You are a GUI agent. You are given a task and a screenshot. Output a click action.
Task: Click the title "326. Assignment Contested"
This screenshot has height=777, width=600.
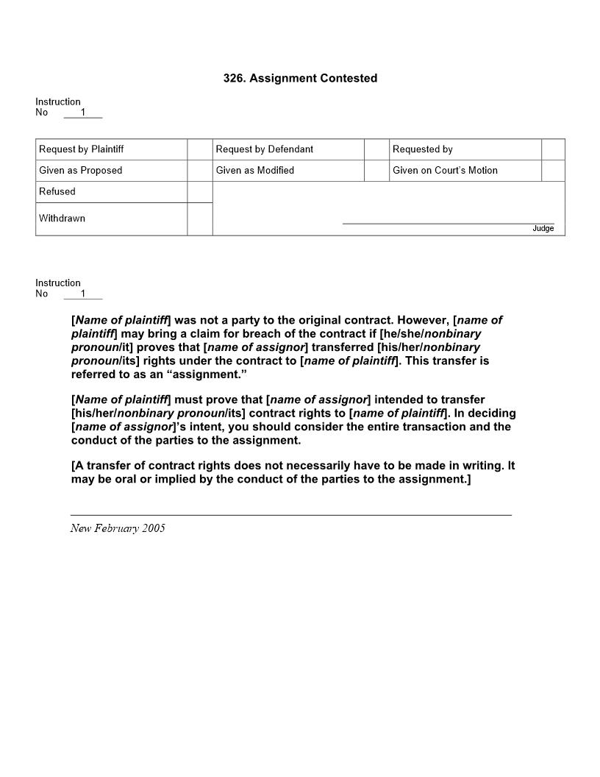click(300, 78)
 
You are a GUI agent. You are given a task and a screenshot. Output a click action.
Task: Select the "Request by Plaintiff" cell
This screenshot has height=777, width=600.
click(82, 149)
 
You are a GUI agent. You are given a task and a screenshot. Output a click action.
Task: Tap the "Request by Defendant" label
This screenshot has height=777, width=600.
click(265, 149)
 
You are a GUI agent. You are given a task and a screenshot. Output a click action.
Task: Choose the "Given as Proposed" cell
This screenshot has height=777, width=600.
click(81, 171)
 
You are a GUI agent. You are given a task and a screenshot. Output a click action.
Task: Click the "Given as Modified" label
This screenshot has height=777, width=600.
click(255, 171)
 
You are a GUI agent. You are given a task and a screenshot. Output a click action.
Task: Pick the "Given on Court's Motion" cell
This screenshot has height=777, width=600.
click(445, 171)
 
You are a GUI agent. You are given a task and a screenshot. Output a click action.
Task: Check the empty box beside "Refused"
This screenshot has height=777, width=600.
click(200, 192)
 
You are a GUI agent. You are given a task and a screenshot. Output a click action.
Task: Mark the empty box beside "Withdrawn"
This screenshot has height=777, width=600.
click(200, 219)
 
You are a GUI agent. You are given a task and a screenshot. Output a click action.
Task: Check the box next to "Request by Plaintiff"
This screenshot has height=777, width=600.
click(200, 149)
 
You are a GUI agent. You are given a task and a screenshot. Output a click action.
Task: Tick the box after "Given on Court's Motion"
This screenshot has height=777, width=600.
click(553, 171)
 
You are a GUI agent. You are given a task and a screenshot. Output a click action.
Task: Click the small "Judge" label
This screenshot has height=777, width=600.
click(543, 229)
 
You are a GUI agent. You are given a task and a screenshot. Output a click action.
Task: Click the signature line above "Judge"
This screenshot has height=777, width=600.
click(449, 223)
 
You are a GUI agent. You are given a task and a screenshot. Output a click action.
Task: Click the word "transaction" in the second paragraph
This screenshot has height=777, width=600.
click(412, 427)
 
